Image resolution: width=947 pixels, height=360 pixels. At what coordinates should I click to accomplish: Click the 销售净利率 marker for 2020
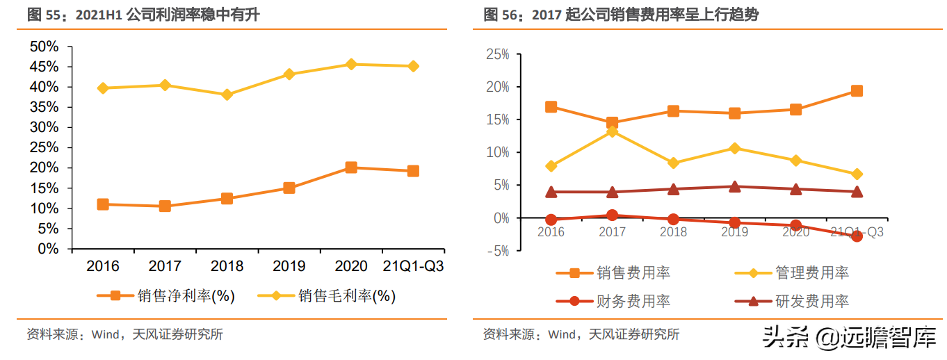[x=351, y=167]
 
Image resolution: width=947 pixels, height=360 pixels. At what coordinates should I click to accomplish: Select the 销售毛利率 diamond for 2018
[x=227, y=95]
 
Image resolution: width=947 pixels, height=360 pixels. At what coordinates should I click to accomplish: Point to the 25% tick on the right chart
[x=498, y=54]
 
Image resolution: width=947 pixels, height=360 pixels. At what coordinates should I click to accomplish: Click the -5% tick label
[x=498, y=251]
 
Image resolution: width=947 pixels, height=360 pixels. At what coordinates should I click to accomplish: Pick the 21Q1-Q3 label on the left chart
[x=413, y=266]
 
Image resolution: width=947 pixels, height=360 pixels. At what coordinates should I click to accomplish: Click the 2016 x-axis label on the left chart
[x=103, y=266]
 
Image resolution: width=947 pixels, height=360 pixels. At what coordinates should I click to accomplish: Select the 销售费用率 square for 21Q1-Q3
[x=857, y=91]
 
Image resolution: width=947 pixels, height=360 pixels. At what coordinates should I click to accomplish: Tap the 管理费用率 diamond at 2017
[x=612, y=131]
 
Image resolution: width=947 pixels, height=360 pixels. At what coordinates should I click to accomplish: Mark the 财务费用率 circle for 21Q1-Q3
[x=857, y=236]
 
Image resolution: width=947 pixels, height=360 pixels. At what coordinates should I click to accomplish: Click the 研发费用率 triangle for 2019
[x=734, y=186]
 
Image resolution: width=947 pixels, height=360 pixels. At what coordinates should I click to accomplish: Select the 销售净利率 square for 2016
[x=103, y=204]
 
